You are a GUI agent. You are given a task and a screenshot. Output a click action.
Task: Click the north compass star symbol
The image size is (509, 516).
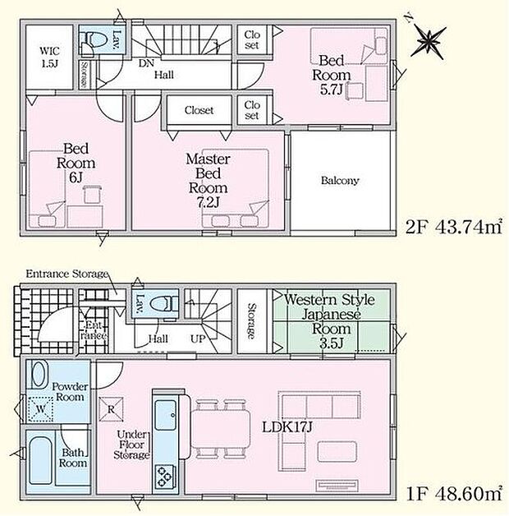point(431,39)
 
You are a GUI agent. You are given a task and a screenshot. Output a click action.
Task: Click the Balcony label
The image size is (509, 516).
point(340,181)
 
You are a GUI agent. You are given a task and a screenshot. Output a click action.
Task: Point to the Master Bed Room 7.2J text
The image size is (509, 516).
point(207,179)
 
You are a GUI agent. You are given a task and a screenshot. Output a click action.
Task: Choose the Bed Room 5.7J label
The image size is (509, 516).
point(330,75)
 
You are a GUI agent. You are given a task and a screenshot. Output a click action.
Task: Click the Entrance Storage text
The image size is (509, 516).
point(66,274)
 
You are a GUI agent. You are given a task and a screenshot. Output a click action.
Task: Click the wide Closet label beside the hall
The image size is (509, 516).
point(199,109)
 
